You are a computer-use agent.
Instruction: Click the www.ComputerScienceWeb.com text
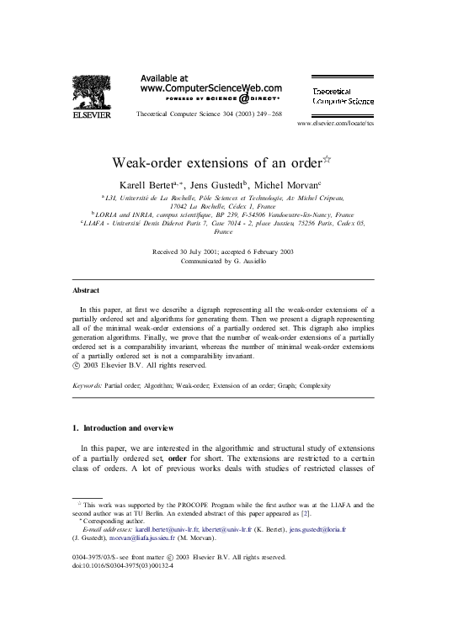210,87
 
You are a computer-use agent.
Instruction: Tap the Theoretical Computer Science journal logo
343,95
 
